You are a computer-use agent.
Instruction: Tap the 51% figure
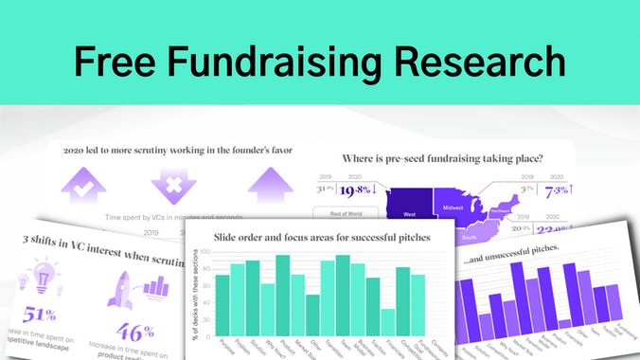38,315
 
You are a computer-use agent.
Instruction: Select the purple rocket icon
120,284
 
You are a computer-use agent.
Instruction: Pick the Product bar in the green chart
282,296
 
